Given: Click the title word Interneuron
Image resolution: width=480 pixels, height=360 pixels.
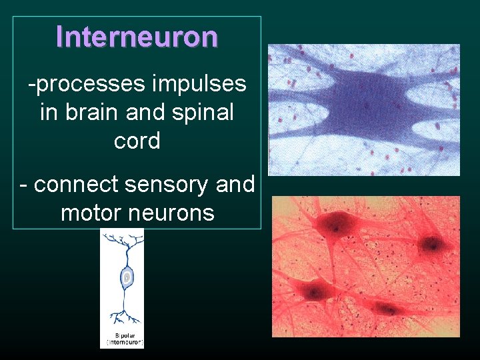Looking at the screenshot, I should [x=137, y=37].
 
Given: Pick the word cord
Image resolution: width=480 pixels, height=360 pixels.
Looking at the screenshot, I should [x=137, y=141].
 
